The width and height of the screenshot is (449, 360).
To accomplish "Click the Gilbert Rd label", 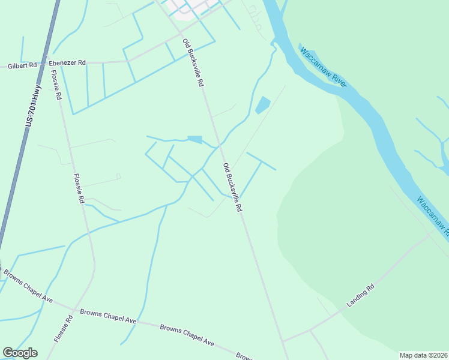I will click(x=22, y=65).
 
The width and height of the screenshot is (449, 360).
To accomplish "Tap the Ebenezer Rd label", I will click(x=67, y=62).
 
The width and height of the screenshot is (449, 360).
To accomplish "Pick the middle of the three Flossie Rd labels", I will click(x=79, y=188).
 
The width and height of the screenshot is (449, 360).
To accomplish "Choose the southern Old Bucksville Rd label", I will click(x=232, y=187).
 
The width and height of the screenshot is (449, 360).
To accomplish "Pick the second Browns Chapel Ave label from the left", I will click(x=108, y=317).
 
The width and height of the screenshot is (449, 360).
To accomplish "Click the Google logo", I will click(x=20, y=353).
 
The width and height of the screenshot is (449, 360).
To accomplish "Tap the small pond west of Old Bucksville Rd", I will click(x=194, y=140).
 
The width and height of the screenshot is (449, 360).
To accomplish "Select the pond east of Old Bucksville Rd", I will click(x=262, y=105).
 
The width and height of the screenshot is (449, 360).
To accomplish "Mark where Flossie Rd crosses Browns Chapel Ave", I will click(x=74, y=311).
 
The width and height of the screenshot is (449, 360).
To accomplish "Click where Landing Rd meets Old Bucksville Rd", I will click(x=283, y=341).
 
